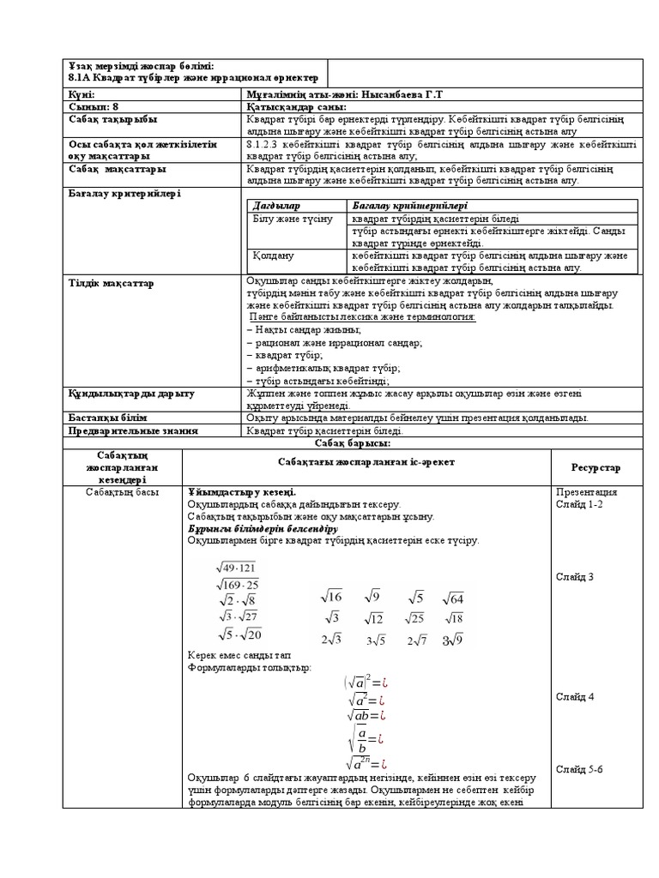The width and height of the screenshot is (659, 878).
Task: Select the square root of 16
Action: coord(331,597)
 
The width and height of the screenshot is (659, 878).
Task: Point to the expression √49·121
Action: coord(236,568)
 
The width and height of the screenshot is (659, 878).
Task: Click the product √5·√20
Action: coord(239,634)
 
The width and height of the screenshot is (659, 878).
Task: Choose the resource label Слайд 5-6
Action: coord(579,769)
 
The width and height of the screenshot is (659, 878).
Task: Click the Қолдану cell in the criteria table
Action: coord(273,256)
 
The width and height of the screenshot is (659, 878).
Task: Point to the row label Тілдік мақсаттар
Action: coord(111,283)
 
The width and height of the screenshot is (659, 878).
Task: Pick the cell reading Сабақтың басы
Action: coord(122,492)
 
